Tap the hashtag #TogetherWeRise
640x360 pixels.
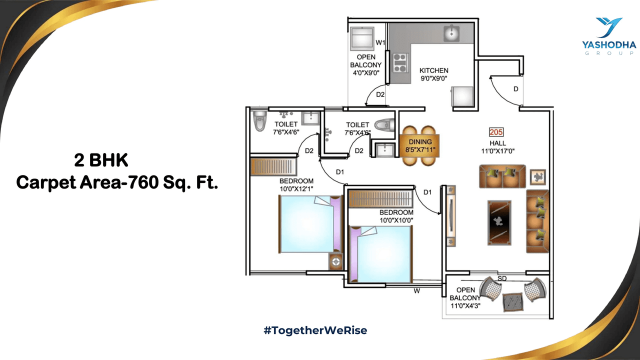[315, 330]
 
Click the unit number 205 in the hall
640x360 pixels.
[496, 132]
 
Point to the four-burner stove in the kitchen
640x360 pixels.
[399, 62]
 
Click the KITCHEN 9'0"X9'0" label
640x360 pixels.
[433, 74]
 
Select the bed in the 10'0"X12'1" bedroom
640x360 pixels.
[310, 223]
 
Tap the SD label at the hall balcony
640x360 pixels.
[502, 278]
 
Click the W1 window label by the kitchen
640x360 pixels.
[380, 42]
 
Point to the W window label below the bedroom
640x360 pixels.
[416, 290]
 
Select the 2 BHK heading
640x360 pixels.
[101, 161]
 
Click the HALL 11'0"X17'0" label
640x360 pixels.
[498, 146]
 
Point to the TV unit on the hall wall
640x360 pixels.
[451, 216]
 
